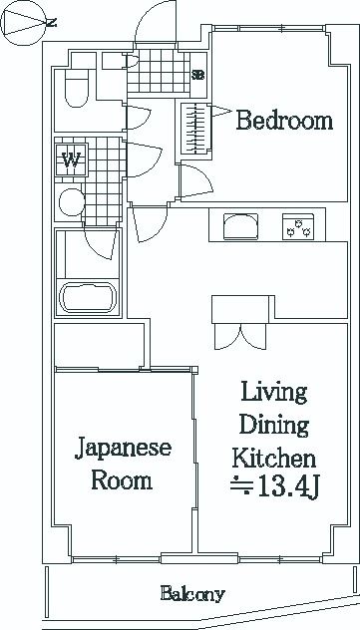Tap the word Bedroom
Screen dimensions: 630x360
click(x=283, y=122)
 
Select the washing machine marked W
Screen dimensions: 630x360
click(x=72, y=157)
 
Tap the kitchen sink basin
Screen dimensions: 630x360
click(x=240, y=227)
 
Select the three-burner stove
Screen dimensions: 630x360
click(x=298, y=227)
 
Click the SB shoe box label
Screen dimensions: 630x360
click(x=198, y=75)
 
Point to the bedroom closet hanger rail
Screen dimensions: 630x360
click(x=193, y=126)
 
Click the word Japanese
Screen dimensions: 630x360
click(x=122, y=448)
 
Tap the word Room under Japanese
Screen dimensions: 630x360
click(x=122, y=480)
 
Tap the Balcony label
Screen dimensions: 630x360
click(x=192, y=594)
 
